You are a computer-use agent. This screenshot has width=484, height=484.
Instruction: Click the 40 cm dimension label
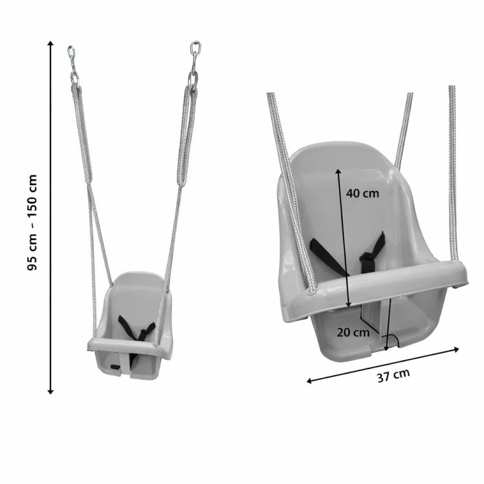coord(362,193)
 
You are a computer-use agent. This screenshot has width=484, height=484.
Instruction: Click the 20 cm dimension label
coord(353,332)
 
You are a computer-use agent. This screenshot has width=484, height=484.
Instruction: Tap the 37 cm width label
coord(394,375)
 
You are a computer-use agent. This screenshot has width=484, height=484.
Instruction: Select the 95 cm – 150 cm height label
coord(32,223)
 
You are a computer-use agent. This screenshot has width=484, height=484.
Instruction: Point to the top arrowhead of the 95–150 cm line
coord(50,43)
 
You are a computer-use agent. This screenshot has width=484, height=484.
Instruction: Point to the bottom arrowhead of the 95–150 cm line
coord(50,392)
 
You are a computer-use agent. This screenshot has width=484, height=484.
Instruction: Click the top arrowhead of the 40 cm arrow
coord(338,172)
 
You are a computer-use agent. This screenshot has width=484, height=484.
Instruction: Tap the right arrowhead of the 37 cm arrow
coord(456,349)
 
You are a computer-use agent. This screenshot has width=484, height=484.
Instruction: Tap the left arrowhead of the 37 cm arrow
coord(310,381)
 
